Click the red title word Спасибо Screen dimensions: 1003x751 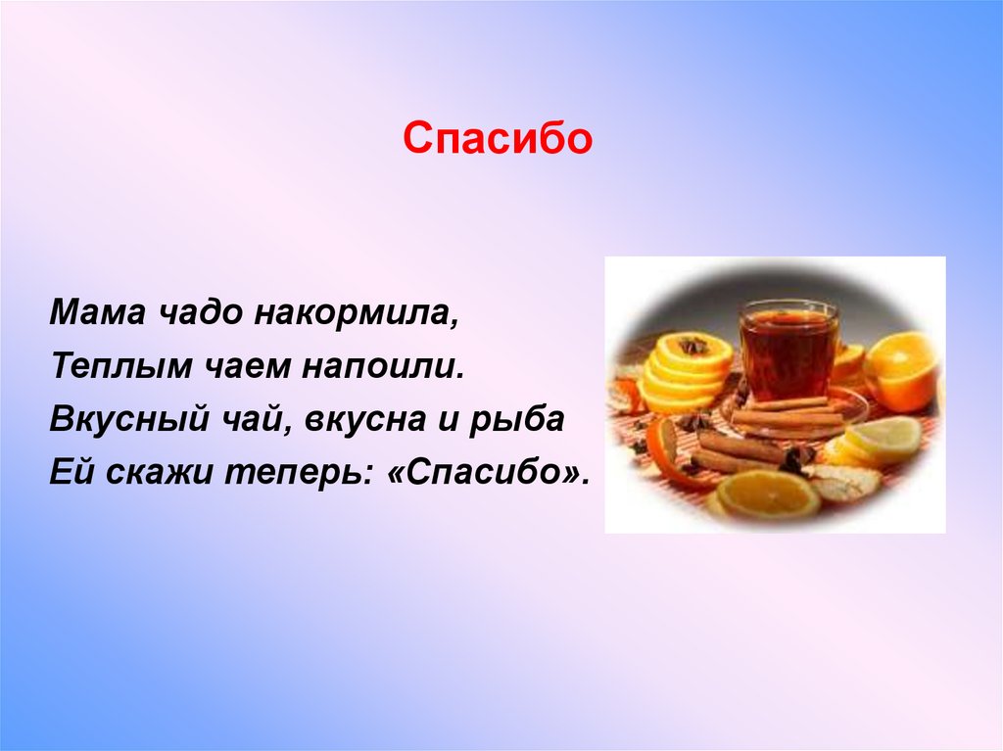[498, 137]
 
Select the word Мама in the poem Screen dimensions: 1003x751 [97, 312]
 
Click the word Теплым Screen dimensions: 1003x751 [120, 367]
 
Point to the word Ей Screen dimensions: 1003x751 [72, 472]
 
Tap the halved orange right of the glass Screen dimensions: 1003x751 [902, 372]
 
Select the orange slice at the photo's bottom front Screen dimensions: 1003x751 [767, 494]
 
